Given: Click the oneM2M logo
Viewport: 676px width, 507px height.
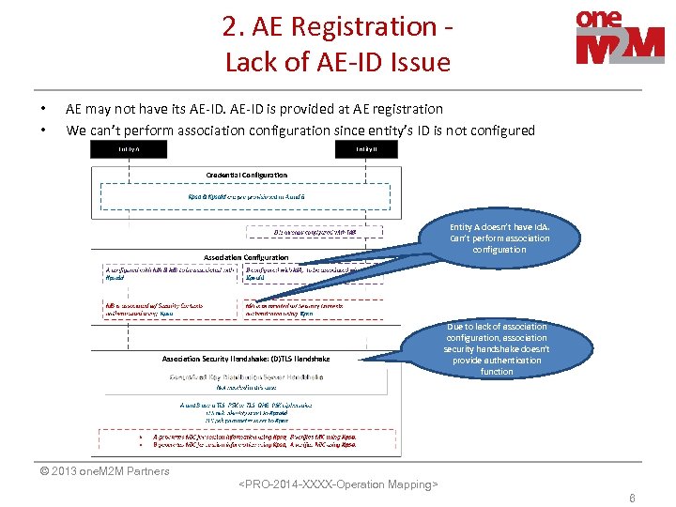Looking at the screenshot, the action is [620, 38].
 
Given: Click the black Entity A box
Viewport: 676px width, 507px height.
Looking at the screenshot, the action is [129, 149].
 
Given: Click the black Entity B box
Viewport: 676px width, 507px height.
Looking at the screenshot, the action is [366, 149].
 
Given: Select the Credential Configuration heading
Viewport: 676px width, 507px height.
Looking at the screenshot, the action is [247, 175].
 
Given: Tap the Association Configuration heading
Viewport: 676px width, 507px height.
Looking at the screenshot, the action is [246, 256].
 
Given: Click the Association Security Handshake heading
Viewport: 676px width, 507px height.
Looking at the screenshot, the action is [246, 358].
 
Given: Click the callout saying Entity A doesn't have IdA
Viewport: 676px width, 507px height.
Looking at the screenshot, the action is [499, 238].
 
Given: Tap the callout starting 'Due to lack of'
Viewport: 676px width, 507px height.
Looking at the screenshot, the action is [497, 348].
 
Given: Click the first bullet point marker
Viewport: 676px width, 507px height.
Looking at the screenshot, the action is [43, 109].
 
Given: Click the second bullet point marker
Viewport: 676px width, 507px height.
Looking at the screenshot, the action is [43, 131].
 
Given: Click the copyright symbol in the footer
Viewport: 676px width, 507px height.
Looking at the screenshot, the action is [32, 471].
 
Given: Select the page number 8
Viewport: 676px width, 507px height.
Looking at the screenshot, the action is [632, 499].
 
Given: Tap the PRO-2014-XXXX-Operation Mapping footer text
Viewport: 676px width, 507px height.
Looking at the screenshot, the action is [338, 484].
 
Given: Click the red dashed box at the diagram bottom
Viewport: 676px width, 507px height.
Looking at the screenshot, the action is [246, 440].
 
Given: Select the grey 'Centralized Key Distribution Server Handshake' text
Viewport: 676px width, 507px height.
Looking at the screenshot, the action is [246, 376].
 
